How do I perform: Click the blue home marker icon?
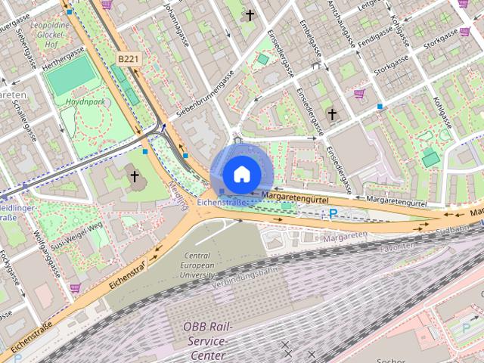(241, 174)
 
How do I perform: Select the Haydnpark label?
(84, 101)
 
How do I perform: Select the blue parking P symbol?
(332, 214)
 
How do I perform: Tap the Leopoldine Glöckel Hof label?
(51, 33)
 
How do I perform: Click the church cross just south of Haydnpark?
(135, 177)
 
